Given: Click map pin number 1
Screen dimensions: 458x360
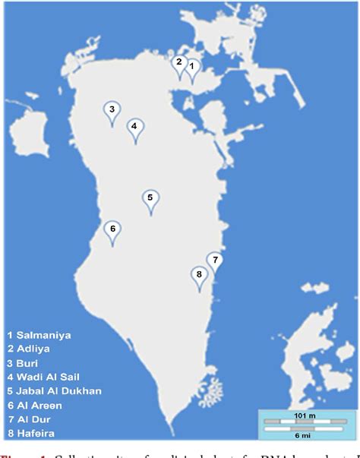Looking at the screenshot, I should click(193, 68).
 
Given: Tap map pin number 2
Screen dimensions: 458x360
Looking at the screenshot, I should click(179, 63).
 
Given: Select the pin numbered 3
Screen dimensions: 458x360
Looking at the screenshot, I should click(112, 111).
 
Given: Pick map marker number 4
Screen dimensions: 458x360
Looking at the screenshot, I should click(134, 128).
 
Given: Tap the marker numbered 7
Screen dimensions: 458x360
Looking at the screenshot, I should click(215, 261).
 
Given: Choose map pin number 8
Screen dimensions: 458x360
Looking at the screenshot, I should click(199, 275).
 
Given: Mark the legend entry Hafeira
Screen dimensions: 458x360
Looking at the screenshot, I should click(33, 434).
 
